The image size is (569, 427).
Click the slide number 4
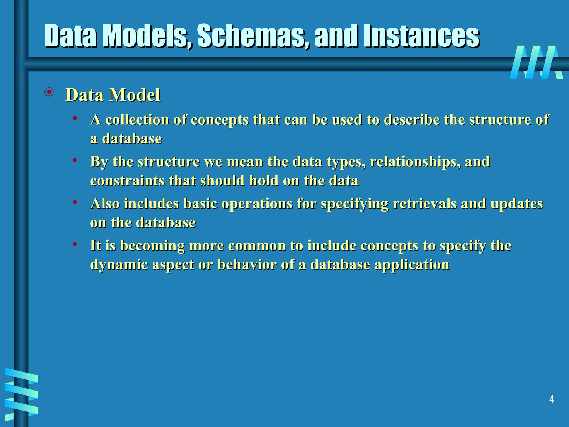(x=551, y=399)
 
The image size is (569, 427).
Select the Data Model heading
(x=113, y=95)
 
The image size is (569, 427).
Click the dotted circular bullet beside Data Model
(x=49, y=92)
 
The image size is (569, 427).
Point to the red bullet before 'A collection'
(x=74, y=118)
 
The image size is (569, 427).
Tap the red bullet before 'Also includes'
(x=74, y=202)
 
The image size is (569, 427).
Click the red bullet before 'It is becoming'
(x=74, y=244)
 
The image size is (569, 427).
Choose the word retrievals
(x=425, y=204)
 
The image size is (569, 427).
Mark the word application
(x=412, y=265)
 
